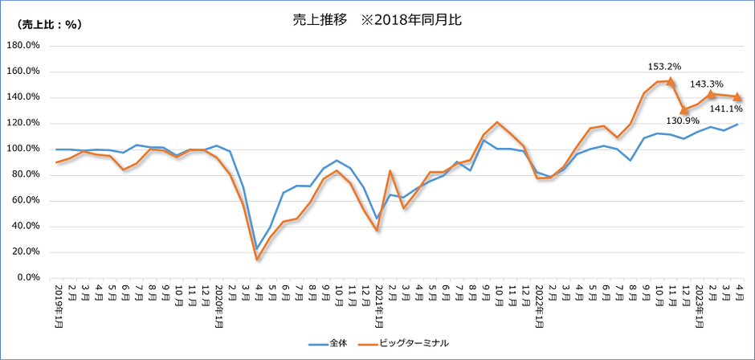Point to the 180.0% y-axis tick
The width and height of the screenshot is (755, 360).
coord(23,46)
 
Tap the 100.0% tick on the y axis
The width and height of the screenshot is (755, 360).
coord(23,149)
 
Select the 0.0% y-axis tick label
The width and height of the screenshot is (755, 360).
coord(28,278)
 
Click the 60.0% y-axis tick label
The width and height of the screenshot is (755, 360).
coord(26,201)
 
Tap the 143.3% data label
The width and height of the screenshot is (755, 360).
coord(706,84)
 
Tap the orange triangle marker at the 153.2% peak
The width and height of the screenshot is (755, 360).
coord(671,81)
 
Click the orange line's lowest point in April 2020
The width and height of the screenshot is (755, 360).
coord(257,259)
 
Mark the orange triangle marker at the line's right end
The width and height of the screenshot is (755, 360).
coord(737,97)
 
